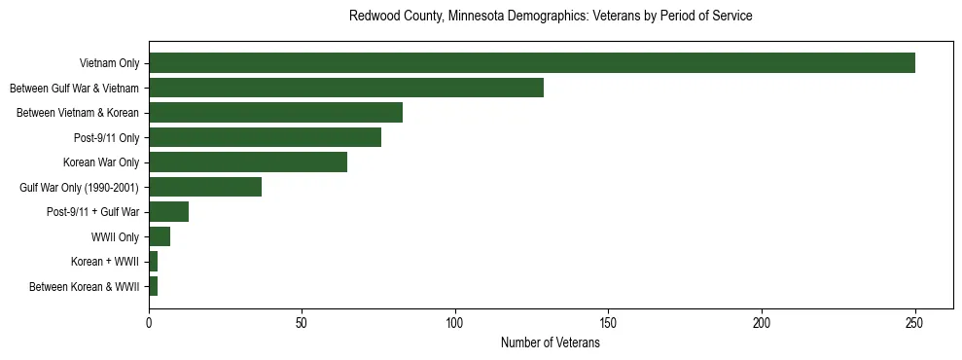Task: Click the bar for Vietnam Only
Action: pos(531,63)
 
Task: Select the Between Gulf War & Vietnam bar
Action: pos(345,88)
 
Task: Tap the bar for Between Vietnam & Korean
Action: pos(275,113)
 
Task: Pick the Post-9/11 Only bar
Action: pos(265,137)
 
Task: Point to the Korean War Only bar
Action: pos(248,162)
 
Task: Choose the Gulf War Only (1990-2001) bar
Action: pos(205,187)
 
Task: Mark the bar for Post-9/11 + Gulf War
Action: pos(168,212)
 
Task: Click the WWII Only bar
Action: pos(160,236)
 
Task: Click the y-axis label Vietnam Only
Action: pos(109,64)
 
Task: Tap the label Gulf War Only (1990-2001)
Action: pos(80,188)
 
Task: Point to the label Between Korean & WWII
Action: pos(85,287)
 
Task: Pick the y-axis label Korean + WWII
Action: pos(105,262)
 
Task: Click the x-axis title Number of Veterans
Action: pos(550,342)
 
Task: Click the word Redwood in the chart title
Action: pos(372,17)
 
